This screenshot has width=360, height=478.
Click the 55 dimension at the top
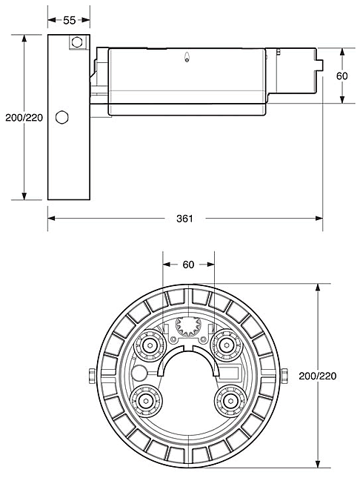(69, 20)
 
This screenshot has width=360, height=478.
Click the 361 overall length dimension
(184, 219)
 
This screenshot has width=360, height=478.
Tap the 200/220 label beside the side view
(24, 117)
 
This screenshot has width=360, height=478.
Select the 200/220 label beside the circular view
(317, 376)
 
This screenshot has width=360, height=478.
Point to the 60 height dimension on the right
(342, 76)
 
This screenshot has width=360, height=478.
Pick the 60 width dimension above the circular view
(188, 265)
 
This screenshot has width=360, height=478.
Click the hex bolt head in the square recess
(77, 42)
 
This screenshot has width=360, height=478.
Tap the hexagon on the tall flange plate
(62, 117)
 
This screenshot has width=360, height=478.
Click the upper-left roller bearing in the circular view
(150, 345)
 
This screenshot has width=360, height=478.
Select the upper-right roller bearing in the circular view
(226, 345)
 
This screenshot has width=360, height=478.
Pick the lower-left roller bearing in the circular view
(146, 400)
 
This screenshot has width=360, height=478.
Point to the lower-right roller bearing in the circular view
(230, 400)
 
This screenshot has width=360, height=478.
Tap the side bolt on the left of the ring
(92, 376)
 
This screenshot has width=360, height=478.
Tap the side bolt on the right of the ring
(284, 376)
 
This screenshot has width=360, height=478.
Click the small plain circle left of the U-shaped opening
(139, 373)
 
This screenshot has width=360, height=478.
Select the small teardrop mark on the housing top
(187, 57)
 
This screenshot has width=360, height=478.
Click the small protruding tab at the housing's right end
(319, 65)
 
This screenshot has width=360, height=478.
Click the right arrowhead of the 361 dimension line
(319, 219)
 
